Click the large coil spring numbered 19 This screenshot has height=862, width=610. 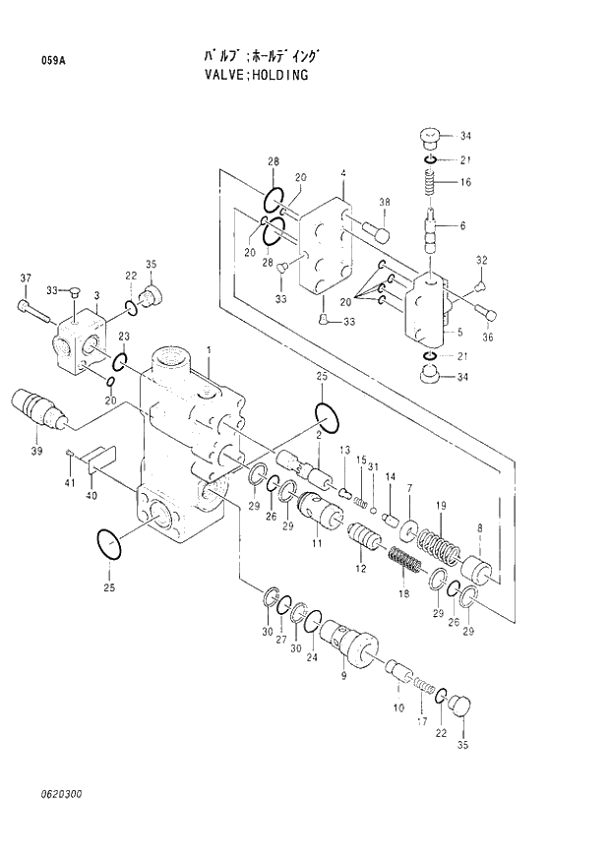(434, 546)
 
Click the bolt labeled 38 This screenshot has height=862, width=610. (377, 232)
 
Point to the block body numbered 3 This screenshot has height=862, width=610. (81, 339)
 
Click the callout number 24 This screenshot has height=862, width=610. (313, 657)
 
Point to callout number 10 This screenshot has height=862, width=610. (398, 708)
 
